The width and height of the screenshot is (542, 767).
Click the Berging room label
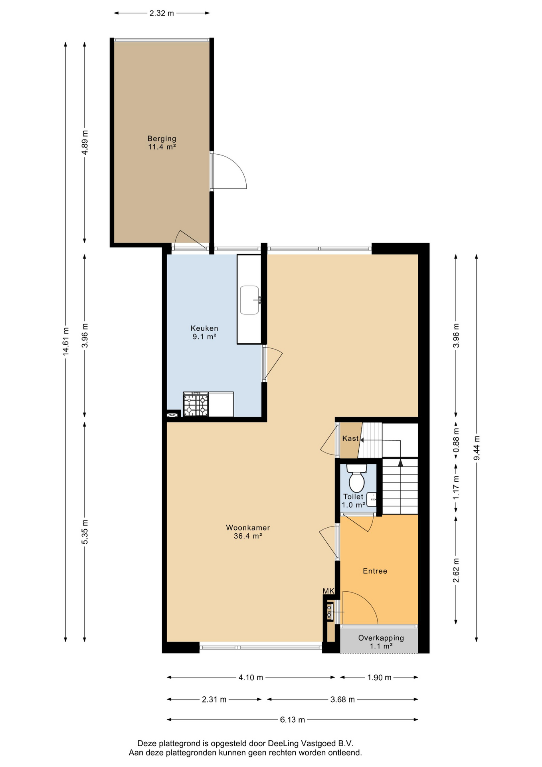pos(162,143)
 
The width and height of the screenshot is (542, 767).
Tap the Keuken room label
pos(204,332)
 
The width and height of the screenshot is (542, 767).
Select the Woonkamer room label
pos(248,532)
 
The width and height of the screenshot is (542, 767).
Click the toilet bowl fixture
pos(356,478)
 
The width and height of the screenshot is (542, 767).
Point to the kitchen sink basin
pos(249,300)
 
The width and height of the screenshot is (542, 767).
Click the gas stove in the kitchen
pos(196,404)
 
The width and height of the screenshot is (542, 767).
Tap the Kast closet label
pos(350,439)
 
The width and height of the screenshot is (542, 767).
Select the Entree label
pos(375,571)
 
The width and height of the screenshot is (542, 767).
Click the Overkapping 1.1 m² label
pos(381,642)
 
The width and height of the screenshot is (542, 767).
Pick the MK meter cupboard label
pos(328,591)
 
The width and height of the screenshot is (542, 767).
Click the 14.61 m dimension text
pos(66,341)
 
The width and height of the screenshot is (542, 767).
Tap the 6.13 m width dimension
pos(292,720)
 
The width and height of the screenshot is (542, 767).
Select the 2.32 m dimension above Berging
pos(162,13)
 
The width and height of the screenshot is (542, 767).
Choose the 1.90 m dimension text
pos(379,678)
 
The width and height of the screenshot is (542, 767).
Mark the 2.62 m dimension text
pos(456,570)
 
